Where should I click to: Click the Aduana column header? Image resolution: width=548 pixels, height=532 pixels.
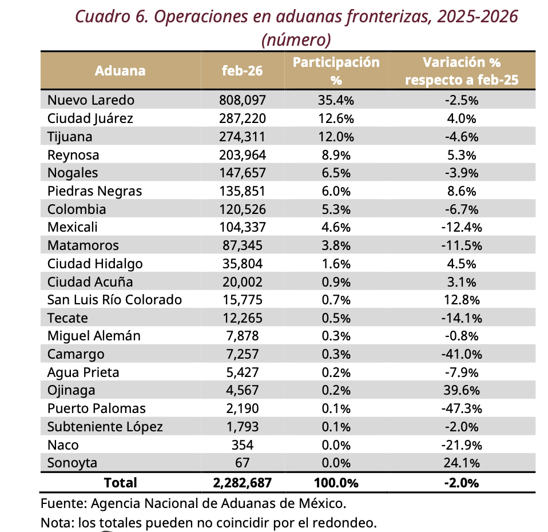[120, 71]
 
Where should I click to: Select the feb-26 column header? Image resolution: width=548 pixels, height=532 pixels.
[242, 71]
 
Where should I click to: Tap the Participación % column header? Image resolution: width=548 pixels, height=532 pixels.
[336, 71]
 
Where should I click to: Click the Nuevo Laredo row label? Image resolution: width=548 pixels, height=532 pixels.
[90, 100]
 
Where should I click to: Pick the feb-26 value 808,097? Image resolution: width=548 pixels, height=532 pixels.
[242, 100]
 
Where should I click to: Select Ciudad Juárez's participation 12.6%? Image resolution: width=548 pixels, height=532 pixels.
[336, 118]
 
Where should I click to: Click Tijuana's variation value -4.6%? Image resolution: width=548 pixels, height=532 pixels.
[461, 137]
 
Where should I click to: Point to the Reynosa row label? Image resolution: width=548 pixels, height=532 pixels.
[73, 155]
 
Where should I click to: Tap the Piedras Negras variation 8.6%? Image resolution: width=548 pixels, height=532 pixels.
[461, 191]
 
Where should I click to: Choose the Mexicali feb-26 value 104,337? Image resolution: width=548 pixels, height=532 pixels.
[242, 227]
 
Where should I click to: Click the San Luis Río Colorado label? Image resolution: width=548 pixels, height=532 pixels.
[114, 300]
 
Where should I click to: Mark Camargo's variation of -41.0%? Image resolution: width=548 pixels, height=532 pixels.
[461, 354]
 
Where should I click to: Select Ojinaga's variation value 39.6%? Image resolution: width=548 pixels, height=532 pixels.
[461, 391]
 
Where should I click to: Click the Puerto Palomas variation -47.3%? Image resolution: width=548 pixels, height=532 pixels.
[461, 409]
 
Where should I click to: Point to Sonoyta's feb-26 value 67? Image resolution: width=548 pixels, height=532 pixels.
[242, 463]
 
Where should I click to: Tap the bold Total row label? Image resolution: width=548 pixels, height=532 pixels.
[120, 483]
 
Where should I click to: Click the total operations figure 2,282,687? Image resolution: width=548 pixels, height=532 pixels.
[242, 483]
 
